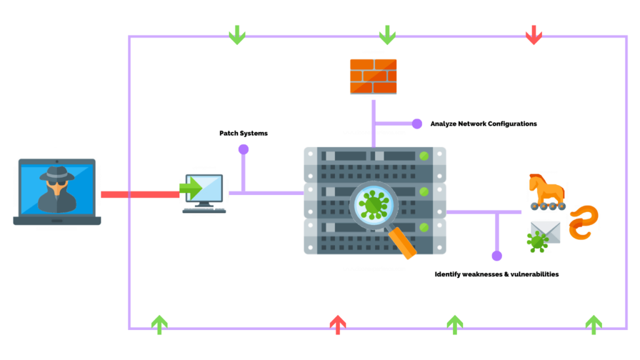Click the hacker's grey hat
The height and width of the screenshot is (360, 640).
pos(57,173)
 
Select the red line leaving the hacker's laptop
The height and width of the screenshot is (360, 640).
pos(140,195)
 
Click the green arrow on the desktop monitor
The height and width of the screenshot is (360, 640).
pos(191,187)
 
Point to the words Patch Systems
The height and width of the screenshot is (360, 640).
pos(243,133)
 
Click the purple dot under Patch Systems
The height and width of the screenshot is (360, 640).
pos(243,149)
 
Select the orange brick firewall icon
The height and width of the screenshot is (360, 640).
pos(373,76)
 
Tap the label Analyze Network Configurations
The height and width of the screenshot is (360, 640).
pos(483,124)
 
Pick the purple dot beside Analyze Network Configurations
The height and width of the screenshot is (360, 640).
pos(417,124)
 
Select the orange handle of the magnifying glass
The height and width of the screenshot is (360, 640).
pos(402,243)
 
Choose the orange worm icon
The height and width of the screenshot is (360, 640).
pos(584,222)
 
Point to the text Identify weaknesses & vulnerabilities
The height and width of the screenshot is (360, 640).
pos(496,274)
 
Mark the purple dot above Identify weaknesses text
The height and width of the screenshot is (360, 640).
pos(497,256)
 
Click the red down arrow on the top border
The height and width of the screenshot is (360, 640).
pos(533,35)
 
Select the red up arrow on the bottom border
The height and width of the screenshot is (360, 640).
pos(337,324)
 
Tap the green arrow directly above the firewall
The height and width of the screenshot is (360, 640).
pos(387,35)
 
